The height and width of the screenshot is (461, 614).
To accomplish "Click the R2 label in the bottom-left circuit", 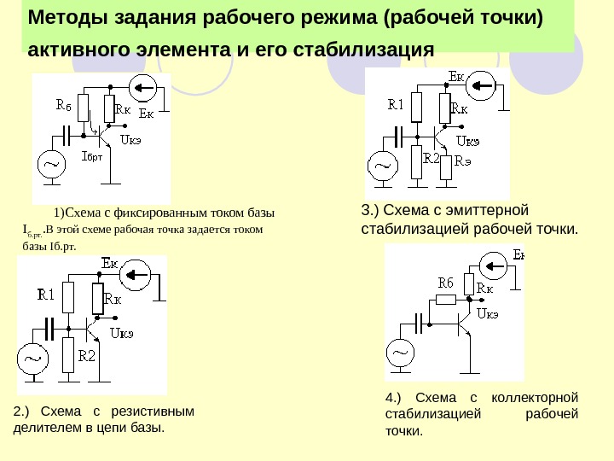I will point(87,356).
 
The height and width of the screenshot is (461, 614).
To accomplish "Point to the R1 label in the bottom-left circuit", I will point(46,295).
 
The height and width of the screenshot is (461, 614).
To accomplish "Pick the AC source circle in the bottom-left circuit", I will point(34,360).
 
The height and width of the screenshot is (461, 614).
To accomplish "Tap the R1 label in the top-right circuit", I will point(396,105).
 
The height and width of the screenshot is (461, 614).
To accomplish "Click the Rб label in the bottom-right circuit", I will point(445,282).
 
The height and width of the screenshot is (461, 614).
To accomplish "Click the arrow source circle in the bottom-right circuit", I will point(495,266).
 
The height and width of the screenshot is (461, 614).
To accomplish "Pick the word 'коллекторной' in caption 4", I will point(538,399).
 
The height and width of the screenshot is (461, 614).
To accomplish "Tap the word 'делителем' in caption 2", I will point(46,427).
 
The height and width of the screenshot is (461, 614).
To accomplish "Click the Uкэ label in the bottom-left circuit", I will point(122,334).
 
